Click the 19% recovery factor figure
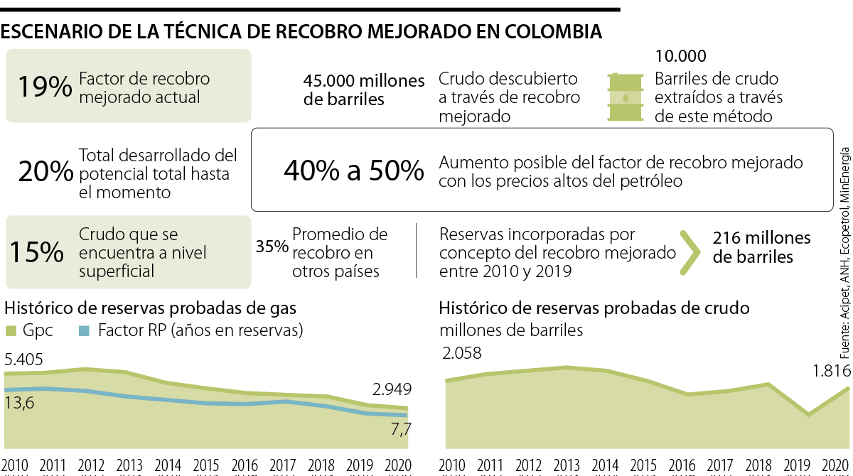pyautogui.click(x=45, y=87)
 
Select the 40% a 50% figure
pyautogui.click(x=353, y=171)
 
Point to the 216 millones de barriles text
pyautogui.click(x=761, y=247)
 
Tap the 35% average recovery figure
pyautogui.click(x=272, y=247)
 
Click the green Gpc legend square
pyautogui.click(x=11, y=330)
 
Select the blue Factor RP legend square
pyautogui.click(x=83, y=330)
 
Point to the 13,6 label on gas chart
pyautogui.click(x=20, y=403)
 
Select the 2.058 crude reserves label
pyautogui.click(x=462, y=353)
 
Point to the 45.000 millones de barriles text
pyautogui.click(x=364, y=90)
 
